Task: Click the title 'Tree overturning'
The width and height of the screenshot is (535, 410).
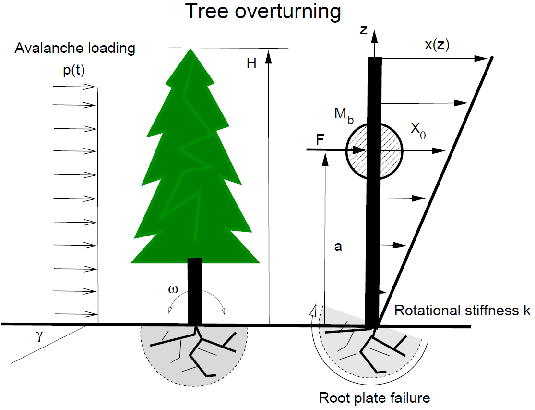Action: coord(263,12)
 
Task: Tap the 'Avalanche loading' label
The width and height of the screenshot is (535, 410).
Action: coord(75,48)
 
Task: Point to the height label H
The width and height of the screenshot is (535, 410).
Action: coord(251,63)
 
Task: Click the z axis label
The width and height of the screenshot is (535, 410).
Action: coord(364,30)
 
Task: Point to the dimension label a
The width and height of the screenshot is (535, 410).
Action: coord(339,247)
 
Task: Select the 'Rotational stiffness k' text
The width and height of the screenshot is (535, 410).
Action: coord(462,311)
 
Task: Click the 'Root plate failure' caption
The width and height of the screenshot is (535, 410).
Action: coord(374,398)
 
